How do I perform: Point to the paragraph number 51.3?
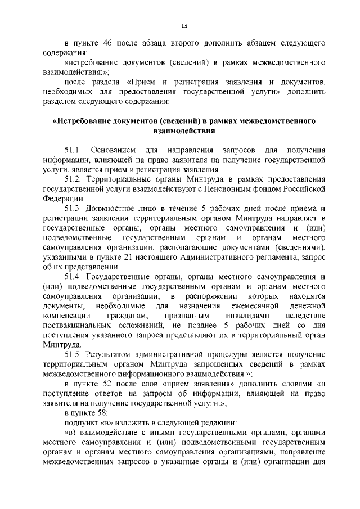[x=74, y=208]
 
